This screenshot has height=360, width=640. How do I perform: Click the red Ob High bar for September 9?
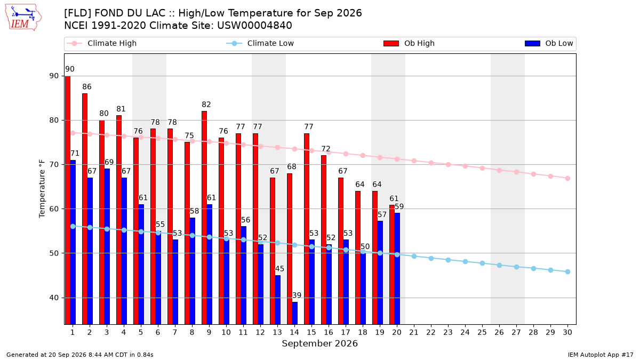click(x=204, y=218)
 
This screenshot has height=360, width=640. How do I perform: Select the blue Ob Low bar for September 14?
click(x=294, y=313)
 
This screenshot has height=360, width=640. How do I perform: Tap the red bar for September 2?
click(x=85, y=209)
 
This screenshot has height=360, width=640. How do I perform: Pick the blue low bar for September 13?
click(x=277, y=300)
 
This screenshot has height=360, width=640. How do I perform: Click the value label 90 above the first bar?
click(x=70, y=69)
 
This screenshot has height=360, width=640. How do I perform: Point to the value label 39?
click(x=297, y=295)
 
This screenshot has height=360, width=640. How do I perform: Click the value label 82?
click(x=206, y=105)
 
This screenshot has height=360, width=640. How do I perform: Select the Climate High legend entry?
click(x=102, y=43)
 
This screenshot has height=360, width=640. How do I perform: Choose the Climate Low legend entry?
click(x=260, y=43)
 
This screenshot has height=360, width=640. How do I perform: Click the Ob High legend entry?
click(x=409, y=43)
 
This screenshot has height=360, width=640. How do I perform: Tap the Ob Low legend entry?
click(x=549, y=43)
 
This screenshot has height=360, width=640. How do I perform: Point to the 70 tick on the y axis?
click(x=54, y=165)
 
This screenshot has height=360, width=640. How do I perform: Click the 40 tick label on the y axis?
click(x=54, y=298)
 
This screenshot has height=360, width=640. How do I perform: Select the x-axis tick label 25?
click(x=482, y=332)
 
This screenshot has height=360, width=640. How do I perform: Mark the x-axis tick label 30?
click(x=567, y=332)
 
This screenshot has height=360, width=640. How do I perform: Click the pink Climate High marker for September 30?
click(x=567, y=178)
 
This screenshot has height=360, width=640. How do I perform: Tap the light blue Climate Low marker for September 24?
click(x=465, y=261)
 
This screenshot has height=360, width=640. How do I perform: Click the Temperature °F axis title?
click(x=42, y=189)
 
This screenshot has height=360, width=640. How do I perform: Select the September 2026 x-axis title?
click(x=319, y=343)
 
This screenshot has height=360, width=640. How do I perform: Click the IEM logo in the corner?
click(x=23, y=18)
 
